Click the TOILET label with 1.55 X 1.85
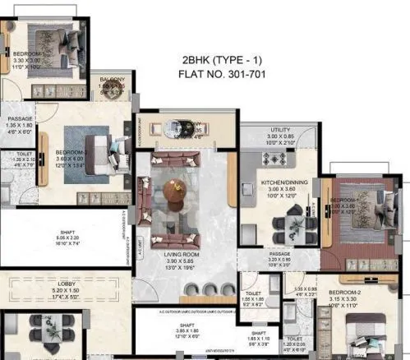click(253, 293)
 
